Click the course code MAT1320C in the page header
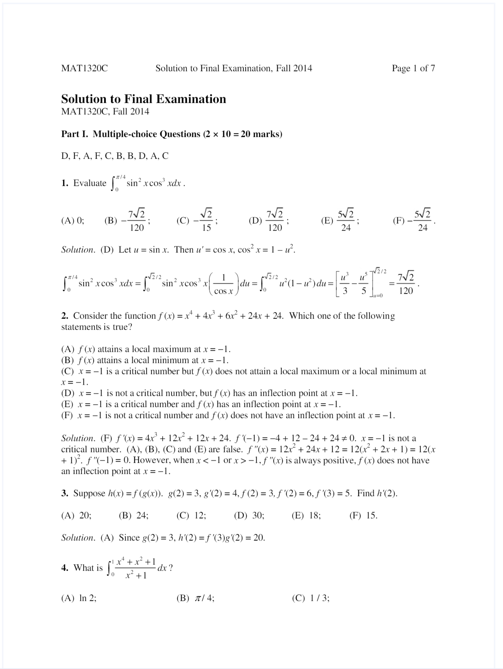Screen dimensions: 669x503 pos(84,68)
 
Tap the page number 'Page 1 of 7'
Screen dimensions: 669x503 pos(413,68)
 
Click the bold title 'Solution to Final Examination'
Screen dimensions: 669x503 pos(144,99)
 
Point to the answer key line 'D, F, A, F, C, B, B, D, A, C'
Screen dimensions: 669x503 pos(115,156)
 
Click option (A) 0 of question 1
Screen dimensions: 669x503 pos(73,221)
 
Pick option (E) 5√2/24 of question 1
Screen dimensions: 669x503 pos(340,221)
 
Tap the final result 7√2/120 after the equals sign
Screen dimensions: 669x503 pos(406,283)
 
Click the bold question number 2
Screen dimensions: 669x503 pos(64,316)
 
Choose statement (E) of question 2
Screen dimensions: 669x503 pos(201,404)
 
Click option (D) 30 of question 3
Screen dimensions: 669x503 pos(249,516)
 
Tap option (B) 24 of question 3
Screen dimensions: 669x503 pos(134,516)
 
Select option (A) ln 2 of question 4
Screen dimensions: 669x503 pos(79,598)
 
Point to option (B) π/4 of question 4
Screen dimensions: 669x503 pos(195,598)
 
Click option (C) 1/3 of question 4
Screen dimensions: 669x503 pos(311,598)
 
